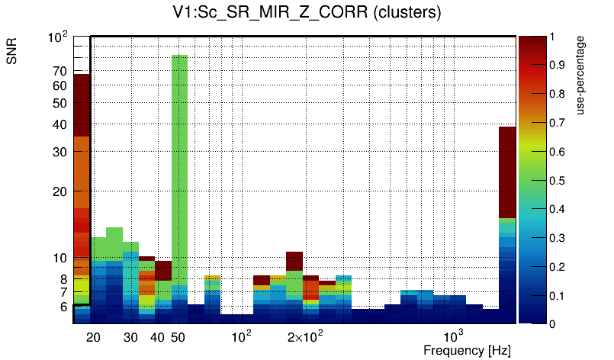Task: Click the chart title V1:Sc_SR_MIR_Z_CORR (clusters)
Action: [x=307, y=13]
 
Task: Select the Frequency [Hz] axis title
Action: [x=467, y=350]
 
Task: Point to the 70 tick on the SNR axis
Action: [x=60, y=72]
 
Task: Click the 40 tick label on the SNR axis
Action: [x=60, y=124]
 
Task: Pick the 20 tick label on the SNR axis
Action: [x=60, y=191]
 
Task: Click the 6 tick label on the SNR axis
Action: [x=63, y=307]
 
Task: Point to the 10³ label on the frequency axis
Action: [x=453, y=336]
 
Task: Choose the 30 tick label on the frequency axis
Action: [x=130, y=337]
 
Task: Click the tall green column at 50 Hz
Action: [x=179, y=168]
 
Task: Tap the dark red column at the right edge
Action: [x=507, y=172]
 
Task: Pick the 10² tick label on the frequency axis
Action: [x=242, y=336]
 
